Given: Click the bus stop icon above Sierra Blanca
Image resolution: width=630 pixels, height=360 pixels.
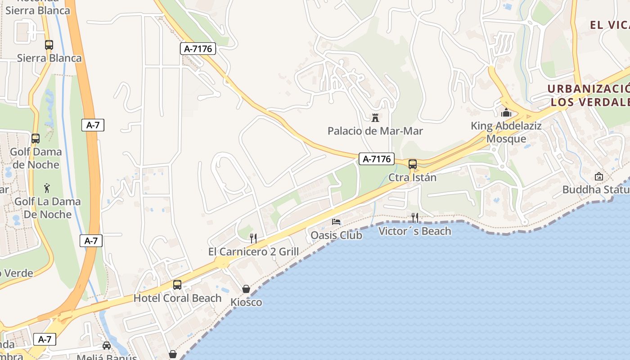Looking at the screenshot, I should (x=49, y=45).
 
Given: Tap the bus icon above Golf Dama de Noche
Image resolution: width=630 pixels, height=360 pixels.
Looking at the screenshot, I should (x=36, y=139).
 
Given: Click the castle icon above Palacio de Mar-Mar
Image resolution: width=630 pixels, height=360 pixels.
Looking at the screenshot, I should (x=375, y=118).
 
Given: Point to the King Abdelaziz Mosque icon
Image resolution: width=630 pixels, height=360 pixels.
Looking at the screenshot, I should (x=506, y=112).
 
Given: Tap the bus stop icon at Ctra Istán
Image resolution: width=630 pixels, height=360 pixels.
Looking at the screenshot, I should (x=413, y=164).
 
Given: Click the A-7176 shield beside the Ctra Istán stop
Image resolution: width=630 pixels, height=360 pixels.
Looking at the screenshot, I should (x=377, y=159).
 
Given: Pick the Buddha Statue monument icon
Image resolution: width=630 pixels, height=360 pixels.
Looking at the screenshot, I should (x=599, y=176).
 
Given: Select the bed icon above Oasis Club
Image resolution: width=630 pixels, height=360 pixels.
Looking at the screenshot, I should (x=336, y=221).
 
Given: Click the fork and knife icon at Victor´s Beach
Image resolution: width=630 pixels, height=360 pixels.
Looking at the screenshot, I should (x=415, y=218).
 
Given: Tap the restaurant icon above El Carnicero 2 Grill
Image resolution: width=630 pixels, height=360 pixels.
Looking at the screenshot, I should (x=254, y=238).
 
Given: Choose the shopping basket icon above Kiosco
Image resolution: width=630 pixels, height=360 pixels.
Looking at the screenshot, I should (x=246, y=289).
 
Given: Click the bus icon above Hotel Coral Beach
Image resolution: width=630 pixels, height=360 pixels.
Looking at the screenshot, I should (x=177, y=285).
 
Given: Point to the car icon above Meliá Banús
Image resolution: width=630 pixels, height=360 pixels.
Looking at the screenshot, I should (x=107, y=346).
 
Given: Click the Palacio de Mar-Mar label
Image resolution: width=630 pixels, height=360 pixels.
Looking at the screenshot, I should (x=375, y=131).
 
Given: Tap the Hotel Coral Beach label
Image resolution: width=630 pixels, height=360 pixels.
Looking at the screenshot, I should (x=177, y=298).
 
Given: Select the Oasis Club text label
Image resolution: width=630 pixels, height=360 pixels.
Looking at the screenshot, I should (x=336, y=235).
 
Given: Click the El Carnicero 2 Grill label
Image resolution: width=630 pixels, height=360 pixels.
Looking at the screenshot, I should (x=253, y=251).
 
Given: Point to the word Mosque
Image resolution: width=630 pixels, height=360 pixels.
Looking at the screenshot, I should (x=506, y=139).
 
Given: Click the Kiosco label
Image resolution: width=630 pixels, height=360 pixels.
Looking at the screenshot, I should (x=246, y=302).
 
